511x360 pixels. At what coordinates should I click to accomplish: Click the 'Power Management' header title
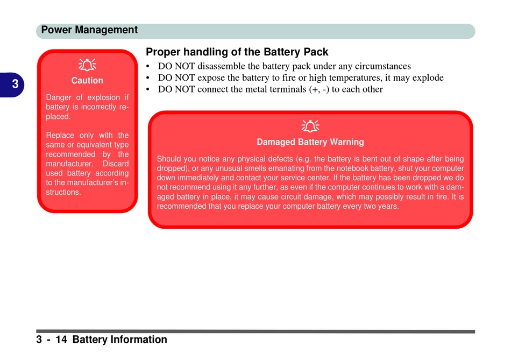click(89, 30)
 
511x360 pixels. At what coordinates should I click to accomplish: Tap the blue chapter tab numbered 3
click(12, 84)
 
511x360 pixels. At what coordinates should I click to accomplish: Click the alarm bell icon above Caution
click(87, 65)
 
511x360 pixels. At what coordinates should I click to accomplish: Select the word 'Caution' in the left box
click(87, 81)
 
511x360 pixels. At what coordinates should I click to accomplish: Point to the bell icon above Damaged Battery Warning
click(310, 126)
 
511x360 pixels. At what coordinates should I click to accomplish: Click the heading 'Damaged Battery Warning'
click(310, 142)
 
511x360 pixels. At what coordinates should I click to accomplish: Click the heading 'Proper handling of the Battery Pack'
click(237, 52)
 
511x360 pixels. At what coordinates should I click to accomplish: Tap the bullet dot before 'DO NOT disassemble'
click(148, 67)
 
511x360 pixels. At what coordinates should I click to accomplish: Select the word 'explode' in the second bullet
click(428, 78)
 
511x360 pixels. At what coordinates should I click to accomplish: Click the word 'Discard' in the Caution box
click(116, 164)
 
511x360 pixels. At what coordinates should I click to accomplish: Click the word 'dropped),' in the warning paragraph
click(173, 168)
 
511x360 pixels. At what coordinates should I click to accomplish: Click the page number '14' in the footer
click(61, 340)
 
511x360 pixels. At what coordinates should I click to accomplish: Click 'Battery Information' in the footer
click(119, 340)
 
